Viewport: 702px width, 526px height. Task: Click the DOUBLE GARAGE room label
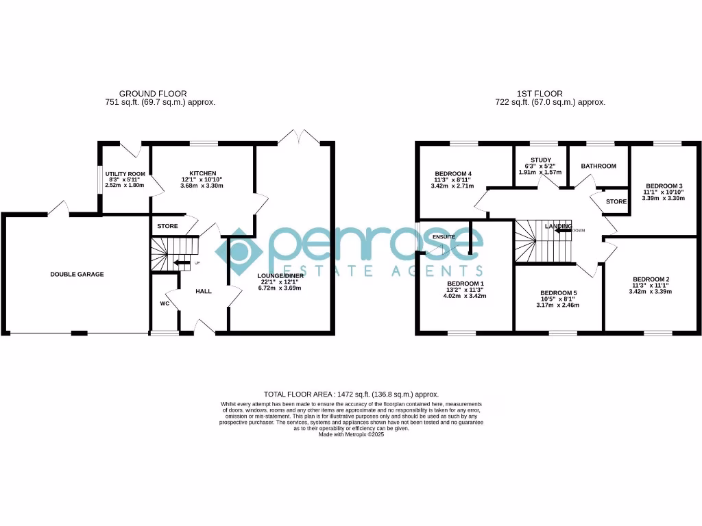coord(77,274)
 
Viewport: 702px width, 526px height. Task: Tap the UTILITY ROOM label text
coord(125,174)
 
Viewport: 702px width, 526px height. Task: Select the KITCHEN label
coord(203,173)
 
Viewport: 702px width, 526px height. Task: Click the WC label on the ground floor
coord(165,303)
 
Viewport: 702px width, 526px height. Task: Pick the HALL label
coord(204,291)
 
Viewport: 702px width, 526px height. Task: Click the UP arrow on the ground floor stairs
coord(182,262)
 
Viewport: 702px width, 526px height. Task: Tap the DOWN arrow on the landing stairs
coord(564,231)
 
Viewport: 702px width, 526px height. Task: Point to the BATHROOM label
coord(598,166)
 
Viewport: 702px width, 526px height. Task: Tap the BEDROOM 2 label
coord(651,279)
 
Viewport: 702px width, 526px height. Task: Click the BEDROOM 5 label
coord(559,293)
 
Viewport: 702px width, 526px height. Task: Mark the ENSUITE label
coord(444,237)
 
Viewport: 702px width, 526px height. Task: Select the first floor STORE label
coord(616,201)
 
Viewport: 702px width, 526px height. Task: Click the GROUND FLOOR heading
coord(153,94)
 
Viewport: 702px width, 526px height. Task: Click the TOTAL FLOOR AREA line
coord(351,394)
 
